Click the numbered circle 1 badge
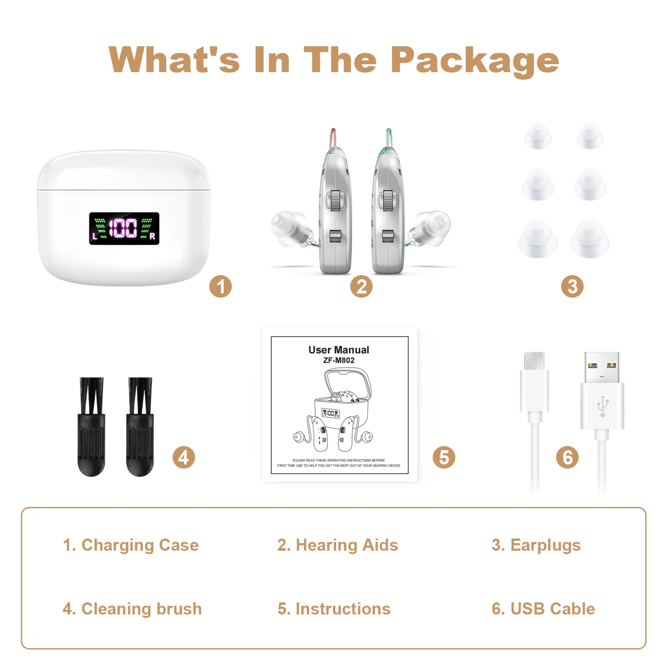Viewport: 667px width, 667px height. tap(220, 286)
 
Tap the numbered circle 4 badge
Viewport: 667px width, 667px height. tap(183, 457)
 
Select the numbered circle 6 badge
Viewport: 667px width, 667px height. tap(567, 457)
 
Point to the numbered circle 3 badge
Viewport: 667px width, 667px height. tap(572, 286)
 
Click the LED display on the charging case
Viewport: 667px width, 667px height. tap(124, 228)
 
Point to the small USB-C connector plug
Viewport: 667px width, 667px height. tap(534, 361)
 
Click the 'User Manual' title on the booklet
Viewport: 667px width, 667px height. tap(339, 350)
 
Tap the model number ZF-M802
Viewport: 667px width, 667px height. tap(339, 360)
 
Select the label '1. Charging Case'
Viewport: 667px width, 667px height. tap(130, 545)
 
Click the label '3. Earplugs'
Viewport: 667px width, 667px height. tap(536, 545)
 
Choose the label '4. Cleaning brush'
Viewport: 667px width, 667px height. tap(132, 609)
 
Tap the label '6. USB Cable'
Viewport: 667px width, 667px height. tap(543, 609)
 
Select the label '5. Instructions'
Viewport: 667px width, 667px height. tap(334, 609)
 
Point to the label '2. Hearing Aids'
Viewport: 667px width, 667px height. tap(338, 545)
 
